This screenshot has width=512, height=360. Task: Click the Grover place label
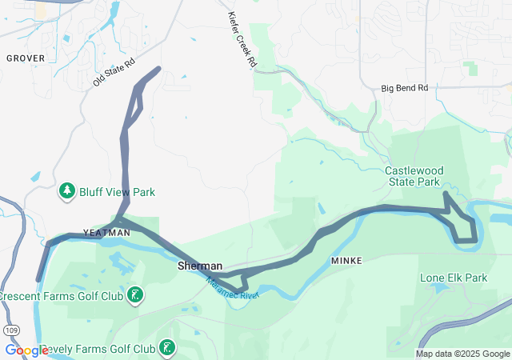pyautogui.click(x=26, y=58)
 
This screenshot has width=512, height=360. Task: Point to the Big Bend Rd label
pyautogui.click(x=405, y=88)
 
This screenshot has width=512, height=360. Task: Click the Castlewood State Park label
pyautogui.click(x=412, y=176)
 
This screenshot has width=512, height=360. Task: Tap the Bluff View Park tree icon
pyautogui.click(x=67, y=191)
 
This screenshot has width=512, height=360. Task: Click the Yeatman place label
pyautogui.click(x=106, y=232)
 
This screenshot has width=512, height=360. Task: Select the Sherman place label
pyautogui.click(x=199, y=266)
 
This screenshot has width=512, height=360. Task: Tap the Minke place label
pyautogui.click(x=346, y=261)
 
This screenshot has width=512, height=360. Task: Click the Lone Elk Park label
pyautogui.click(x=454, y=278)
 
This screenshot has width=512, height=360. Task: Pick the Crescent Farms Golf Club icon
pyautogui.click(x=135, y=295)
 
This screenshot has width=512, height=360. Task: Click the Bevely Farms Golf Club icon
pyautogui.click(x=167, y=348)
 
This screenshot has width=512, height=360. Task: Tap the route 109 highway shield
pyautogui.click(x=10, y=329)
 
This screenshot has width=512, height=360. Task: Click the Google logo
pyautogui.click(x=26, y=350)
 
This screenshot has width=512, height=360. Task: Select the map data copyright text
pyautogui.click(x=462, y=354)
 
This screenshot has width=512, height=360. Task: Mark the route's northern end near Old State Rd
pyautogui.click(x=159, y=68)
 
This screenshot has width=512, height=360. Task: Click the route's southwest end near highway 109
pyautogui.click(x=38, y=280)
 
